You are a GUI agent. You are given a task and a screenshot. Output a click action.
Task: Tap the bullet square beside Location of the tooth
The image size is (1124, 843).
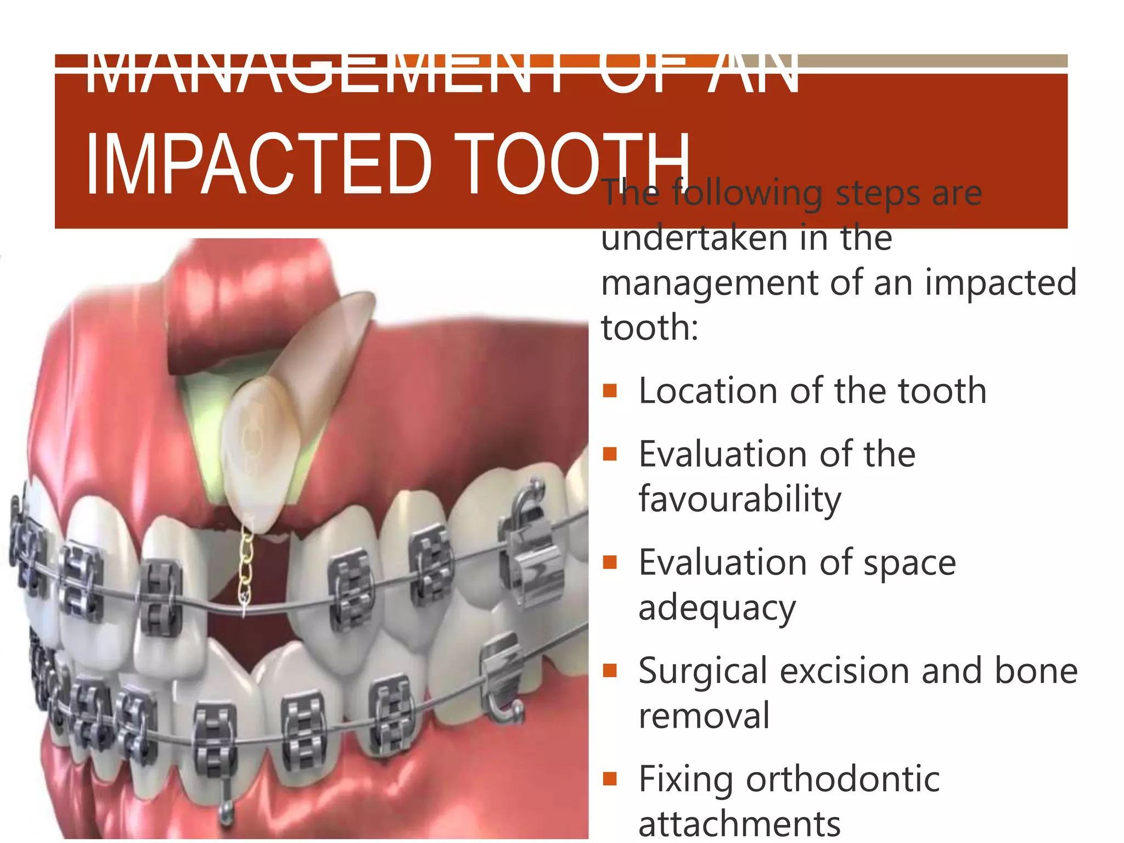[610, 391]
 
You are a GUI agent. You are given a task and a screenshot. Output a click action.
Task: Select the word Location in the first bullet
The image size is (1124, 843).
[708, 391]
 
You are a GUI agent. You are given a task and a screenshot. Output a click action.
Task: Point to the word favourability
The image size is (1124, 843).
[740, 499]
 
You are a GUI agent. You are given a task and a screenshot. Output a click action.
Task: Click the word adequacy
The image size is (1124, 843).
[717, 608]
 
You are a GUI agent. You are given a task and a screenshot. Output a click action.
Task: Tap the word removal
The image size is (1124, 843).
[704, 716]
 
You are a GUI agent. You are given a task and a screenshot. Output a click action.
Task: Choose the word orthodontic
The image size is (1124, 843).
[843, 779]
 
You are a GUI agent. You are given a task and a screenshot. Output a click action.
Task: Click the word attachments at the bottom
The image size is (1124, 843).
[739, 823]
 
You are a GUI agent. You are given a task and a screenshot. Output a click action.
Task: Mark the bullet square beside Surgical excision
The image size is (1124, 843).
[610, 671]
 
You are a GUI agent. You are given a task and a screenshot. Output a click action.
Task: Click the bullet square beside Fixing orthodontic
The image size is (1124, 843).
[610, 779]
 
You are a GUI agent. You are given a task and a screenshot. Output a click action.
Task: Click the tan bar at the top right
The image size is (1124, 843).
[933, 61]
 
